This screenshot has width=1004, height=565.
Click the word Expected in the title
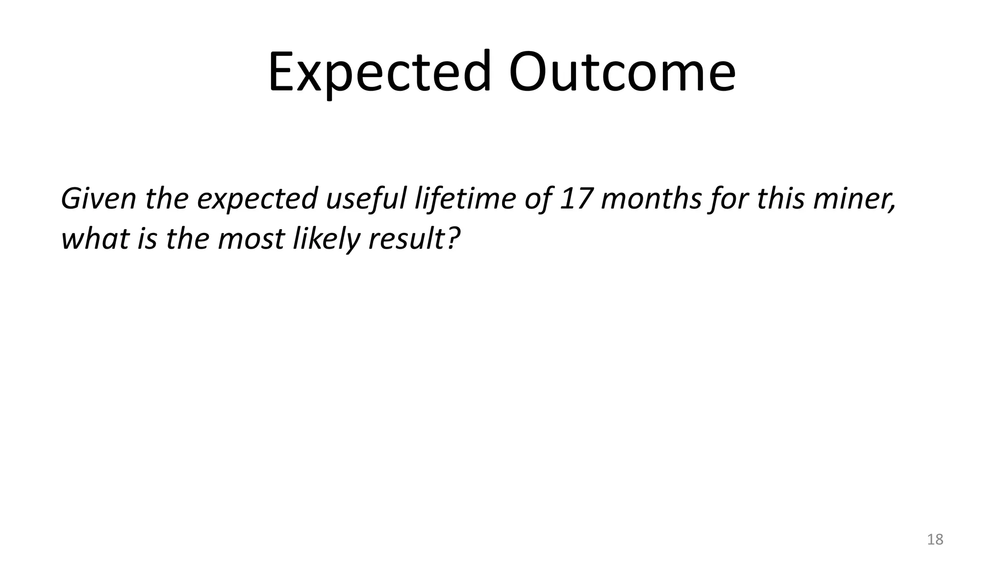point(379,73)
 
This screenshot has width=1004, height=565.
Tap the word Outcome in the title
point(622,73)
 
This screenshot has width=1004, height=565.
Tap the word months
point(652,199)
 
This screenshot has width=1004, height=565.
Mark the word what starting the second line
point(95,239)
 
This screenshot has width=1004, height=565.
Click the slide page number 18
point(935,539)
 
